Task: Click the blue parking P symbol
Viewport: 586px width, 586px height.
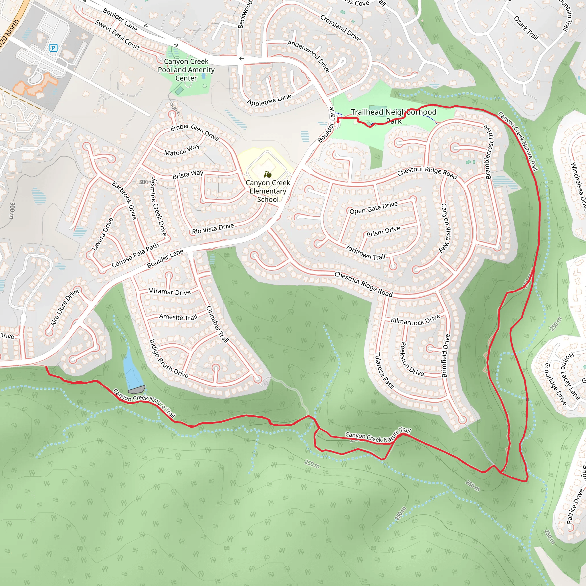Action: [54, 47]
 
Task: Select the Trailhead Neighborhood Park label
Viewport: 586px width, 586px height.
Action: [394, 116]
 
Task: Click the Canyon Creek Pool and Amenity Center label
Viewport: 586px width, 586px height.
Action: [186, 70]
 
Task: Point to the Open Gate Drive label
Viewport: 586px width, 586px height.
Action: [373, 208]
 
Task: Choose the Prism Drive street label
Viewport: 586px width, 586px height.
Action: [383, 231]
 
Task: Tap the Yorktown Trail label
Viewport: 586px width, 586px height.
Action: [365, 252]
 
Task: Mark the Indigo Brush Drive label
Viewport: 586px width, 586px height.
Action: [169, 359]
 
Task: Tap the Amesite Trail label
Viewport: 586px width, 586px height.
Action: [178, 317]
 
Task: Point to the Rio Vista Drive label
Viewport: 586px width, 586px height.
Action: [213, 229]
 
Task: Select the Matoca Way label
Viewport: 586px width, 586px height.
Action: [182, 150]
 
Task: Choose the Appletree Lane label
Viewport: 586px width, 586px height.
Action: [269, 100]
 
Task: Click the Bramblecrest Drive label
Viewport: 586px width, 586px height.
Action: [489, 152]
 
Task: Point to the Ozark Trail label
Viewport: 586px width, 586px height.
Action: [526, 28]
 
